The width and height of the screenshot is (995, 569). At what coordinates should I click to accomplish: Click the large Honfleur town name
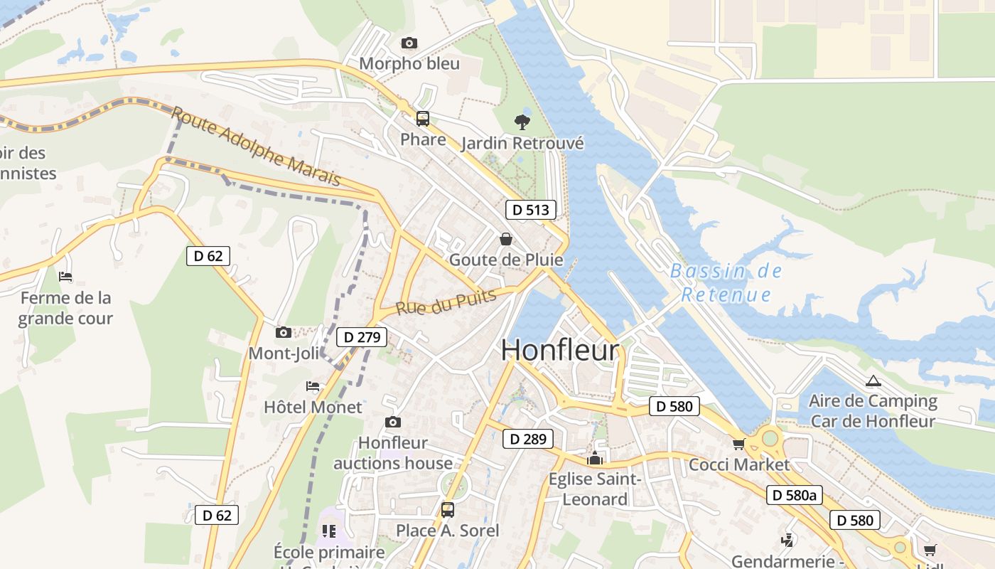point(560,351)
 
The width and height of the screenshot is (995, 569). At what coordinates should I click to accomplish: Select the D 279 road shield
point(362,337)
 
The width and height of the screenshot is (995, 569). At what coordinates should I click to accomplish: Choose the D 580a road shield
point(794,495)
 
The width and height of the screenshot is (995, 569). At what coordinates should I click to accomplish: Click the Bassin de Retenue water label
point(726,282)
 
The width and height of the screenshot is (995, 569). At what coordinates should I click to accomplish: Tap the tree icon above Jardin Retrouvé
point(522,122)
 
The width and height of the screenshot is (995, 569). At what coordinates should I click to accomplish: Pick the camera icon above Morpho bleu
point(409,43)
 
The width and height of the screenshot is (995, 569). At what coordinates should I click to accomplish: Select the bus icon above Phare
point(423,118)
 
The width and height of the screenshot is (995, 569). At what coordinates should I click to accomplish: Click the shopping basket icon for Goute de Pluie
point(506,239)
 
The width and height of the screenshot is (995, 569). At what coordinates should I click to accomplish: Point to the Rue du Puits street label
point(446,302)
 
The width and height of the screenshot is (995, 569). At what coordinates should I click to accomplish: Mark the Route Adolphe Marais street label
point(257,147)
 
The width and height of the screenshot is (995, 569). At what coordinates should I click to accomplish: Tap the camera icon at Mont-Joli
point(284,332)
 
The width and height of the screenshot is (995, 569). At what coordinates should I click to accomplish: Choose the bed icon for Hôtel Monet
point(313,386)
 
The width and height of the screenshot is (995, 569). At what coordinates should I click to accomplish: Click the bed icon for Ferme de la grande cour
point(65,276)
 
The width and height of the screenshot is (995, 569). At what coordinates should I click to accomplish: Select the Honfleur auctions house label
point(393,453)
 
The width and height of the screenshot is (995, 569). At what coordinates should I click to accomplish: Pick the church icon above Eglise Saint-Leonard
point(595,458)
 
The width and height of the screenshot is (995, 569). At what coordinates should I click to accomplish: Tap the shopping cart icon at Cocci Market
point(739,444)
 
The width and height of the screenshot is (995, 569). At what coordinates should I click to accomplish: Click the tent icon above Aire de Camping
point(873,381)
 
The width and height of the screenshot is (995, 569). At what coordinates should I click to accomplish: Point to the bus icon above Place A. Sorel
point(448,509)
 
